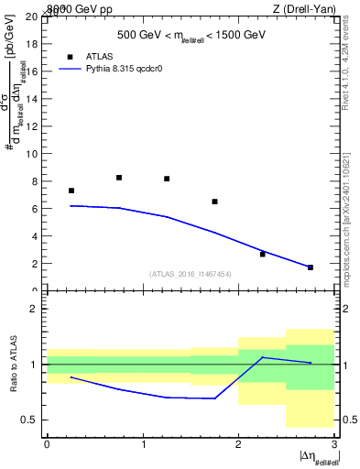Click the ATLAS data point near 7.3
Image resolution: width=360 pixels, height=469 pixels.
point(71,191)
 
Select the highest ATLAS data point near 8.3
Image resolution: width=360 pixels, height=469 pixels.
point(119,178)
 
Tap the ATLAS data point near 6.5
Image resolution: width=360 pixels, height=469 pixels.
point(214,202)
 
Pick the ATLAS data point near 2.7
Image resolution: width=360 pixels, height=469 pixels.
point(262,254)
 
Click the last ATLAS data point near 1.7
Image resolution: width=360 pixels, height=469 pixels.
point(310,267)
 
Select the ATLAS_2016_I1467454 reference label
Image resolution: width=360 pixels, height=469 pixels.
point(191,273)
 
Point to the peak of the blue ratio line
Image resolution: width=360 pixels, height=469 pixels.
point(262,357)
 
